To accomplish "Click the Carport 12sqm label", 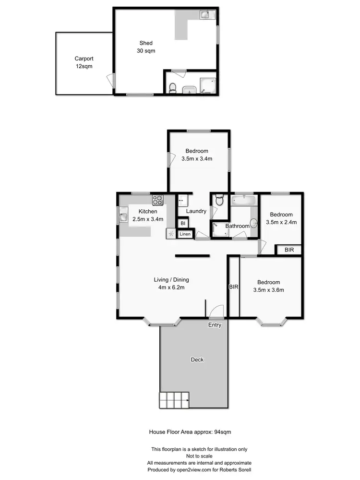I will pos(84,62).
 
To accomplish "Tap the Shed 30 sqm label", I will pos(146,47).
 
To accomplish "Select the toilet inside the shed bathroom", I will pos(173,87).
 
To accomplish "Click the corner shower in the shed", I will pos(208,85).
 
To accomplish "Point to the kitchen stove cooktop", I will pos(158,200).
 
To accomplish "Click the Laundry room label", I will pos(196,211).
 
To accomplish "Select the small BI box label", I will pos(182,223).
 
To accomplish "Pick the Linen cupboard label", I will pos(185,234).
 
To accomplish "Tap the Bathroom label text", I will pos(237,226).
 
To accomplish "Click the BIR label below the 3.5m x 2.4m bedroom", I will pos(289,250).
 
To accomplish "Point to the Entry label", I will pos(215,325).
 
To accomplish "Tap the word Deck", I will pos(197,359).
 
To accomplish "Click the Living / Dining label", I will pos(171,280).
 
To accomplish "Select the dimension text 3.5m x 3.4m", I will pos(197,158).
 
